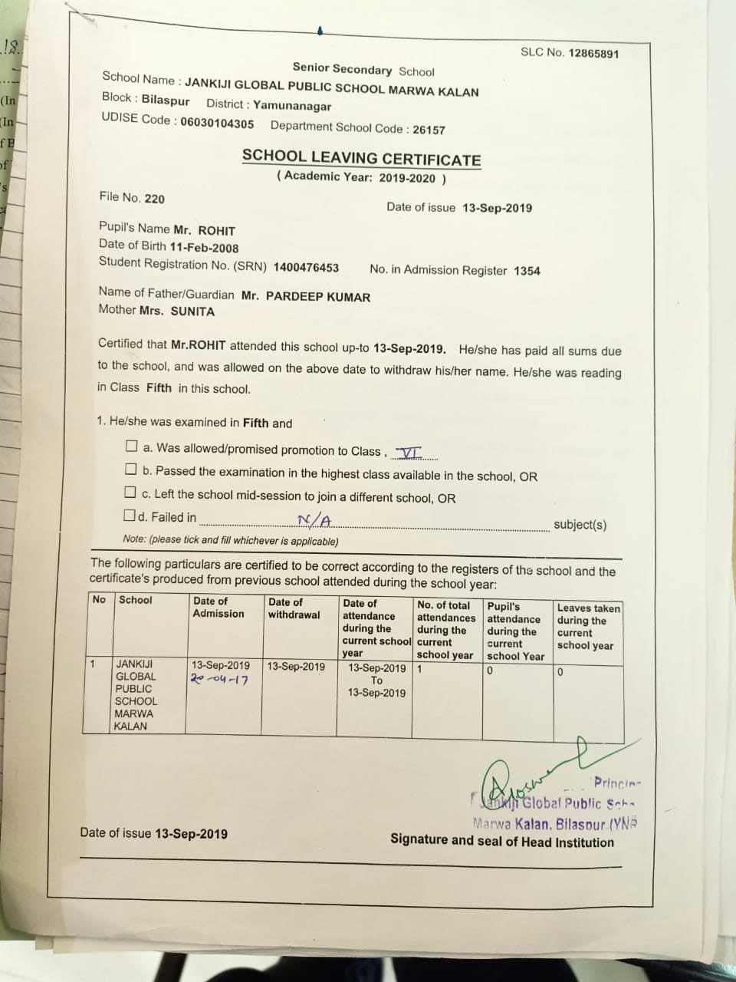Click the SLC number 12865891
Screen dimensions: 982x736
(593, 54)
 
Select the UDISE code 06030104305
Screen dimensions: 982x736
(217, 123)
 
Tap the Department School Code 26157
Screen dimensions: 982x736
(428, 130)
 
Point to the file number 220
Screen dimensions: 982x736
(154, 199)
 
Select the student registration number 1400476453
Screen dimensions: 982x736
(306, 268)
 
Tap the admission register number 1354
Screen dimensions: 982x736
(527, 271)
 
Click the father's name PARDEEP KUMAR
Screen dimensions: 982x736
(317, 297)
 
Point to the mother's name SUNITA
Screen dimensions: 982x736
(192, 311)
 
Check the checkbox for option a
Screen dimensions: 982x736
(131, 447)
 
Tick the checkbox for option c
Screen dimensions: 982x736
(130, 493)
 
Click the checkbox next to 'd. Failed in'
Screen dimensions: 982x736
(130, 515)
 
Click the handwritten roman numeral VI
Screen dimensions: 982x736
(405, 453)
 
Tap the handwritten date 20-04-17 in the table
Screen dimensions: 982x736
(219, 680)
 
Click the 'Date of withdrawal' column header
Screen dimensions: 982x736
(294, 608)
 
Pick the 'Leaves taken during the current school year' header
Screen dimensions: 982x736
(587, 627)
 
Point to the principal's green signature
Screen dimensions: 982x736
(529, 775)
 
